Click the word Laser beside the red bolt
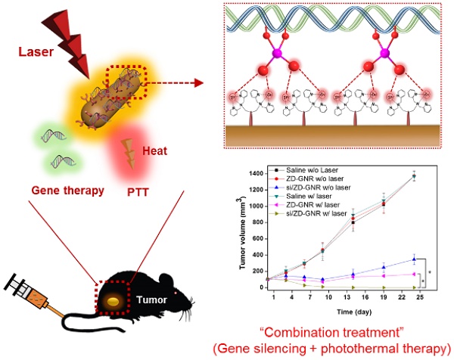click(36, 53)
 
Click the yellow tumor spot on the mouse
click(113, 301)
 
